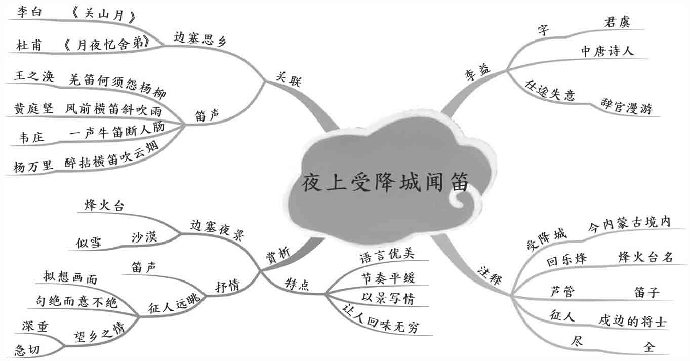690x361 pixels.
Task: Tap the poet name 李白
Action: (x=28, y=12)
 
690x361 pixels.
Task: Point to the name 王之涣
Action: (x=34, y=77)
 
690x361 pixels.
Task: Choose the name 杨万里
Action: (x=33, y=166)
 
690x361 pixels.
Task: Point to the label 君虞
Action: (x=617, y=22)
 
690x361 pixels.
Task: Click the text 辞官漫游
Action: (x=626, y=107)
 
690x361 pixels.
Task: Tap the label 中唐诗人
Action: (x=607, y=51)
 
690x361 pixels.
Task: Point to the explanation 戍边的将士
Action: (x=632, y=320)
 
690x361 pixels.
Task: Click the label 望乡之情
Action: (x=98, y=330)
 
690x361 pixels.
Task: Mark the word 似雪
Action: (x=89, y=243)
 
